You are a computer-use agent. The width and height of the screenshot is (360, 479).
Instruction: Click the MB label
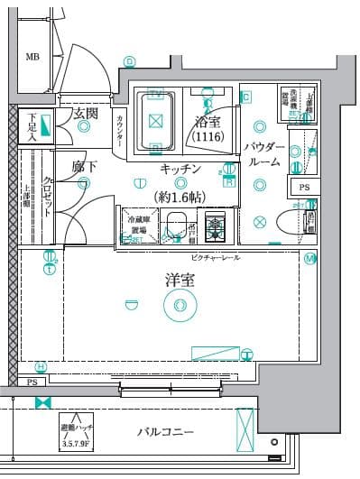pyautogui.click(x=32, y=58)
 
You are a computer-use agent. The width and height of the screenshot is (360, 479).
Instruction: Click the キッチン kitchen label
pyautogui.click(x=180, y=170)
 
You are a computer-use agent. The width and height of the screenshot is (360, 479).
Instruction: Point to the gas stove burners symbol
pyautogui.click(x=217, y=226)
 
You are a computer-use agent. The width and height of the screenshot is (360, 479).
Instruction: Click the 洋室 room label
pyautogui.click(x=178, y=281)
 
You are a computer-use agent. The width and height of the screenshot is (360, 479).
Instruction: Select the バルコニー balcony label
pyautogui.click(x=166, y=433)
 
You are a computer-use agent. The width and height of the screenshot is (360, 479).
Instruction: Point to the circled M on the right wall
pyautogui.click(x=309, y=259)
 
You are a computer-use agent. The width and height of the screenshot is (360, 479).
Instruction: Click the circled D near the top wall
pyautogui.click(x=130, y=61)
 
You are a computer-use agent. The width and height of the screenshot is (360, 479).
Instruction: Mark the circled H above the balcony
pyautogui.click(x=41, y=366)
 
